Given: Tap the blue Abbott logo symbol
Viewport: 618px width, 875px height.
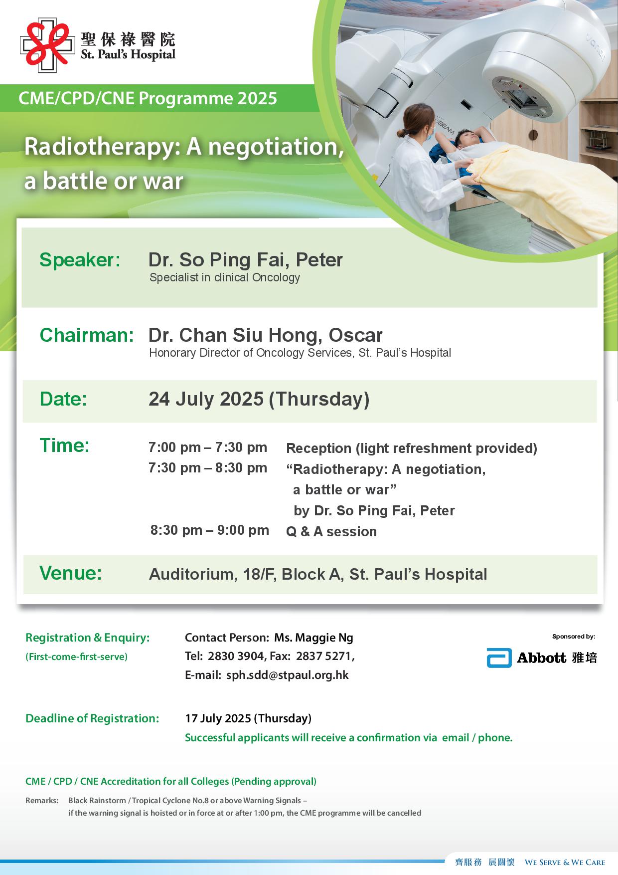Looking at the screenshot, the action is (x=499, y=658).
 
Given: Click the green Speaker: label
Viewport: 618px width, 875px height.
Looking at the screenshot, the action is (x=80, y=260).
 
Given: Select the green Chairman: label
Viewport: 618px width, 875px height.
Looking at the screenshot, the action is (x=87, y=335).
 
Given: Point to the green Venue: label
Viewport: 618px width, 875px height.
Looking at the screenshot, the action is (x=71, y=573).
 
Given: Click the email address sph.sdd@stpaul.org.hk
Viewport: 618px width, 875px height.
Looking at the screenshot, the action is (x=288, y=675).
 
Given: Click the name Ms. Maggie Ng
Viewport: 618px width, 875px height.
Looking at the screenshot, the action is (x=314, y=638).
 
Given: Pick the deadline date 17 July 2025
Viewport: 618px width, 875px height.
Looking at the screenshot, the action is (x=218, y=718).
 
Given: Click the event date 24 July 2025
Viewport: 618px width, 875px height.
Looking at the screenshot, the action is (x=206, y=399).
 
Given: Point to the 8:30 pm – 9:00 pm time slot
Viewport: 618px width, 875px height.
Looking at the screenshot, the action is (x=210, y=530).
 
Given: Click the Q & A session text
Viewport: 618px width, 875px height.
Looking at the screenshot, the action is (x=331, y=532).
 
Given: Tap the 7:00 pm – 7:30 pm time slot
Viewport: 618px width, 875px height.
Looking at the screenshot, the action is (x=208, y=447).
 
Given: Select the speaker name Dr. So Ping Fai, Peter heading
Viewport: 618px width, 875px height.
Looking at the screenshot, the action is (x=246, y=260).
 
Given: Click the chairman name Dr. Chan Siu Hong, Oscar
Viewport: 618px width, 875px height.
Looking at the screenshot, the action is (x=266, y=335).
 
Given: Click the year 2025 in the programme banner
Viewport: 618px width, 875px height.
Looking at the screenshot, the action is (x=257, y=98).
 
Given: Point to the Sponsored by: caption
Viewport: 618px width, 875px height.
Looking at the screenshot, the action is (x=574, y=637).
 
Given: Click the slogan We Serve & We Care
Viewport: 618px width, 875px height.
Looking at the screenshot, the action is (x=565, y=862).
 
